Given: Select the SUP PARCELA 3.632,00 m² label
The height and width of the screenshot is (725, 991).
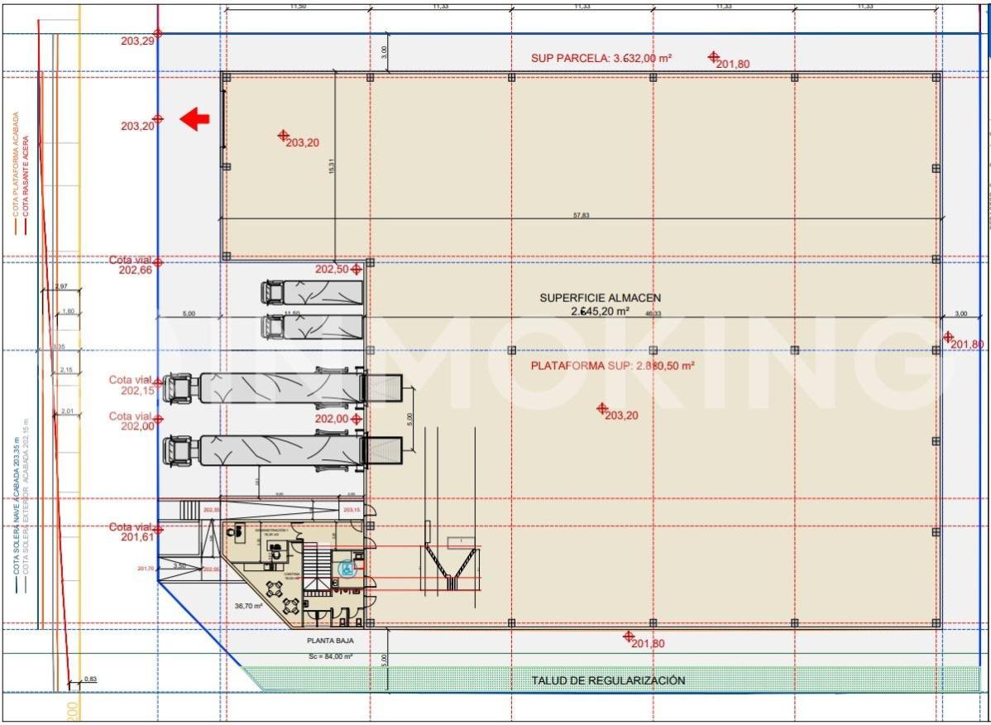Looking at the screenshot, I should pyautogui.click(x=601, y=58).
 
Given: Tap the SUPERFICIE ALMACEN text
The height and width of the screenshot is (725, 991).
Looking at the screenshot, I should pyautogui.click(x=600, y=298).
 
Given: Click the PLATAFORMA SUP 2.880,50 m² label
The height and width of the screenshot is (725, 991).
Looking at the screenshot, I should pyautogui.click(x=612, y=365).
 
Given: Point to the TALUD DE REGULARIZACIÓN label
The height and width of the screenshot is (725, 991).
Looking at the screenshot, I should pyautogui.click(x=608, y=680).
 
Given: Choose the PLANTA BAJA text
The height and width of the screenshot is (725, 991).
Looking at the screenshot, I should pyautogui.click(x=325, y=641).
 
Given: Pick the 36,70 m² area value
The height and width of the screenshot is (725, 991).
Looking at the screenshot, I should pyautogui.click(x=247, y=606).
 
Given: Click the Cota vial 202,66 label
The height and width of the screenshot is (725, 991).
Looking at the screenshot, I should pyautogui.click(x=133, y=264).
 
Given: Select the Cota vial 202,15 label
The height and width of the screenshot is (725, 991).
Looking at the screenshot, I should pyautogui.click(x=133, y=385).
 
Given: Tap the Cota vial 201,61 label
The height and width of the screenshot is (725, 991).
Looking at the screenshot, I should pyautogui.click(x=133, y=532).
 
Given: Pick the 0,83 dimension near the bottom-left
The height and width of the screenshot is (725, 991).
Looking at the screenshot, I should pyautogui.click(x=90, y=679).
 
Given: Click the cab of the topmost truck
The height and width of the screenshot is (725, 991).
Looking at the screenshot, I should pyautogui.click(x=273, y=293).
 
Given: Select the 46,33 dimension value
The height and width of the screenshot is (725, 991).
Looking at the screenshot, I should pyautogui.click(x=653, y=314).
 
